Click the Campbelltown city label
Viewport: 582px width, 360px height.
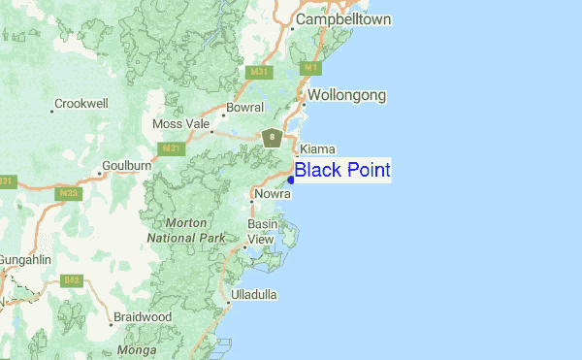pos(342,19)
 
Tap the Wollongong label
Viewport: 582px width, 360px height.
pos(347,96)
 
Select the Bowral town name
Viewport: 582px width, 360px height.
pos(244,108)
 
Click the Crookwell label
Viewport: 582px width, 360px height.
pos(81,103)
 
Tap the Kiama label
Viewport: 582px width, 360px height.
pos(318,148)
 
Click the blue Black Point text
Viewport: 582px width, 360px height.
pos(342,170)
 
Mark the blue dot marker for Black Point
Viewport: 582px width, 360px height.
pos(291,180)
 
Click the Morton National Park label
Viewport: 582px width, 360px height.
pos(186,230)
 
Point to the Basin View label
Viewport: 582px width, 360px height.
pos(262,232)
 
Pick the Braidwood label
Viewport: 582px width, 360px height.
pos(142,317)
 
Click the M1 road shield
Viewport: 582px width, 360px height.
pos(310,68)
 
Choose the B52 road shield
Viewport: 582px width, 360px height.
pos(71,280)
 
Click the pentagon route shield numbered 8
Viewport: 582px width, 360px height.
pos(273,138)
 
